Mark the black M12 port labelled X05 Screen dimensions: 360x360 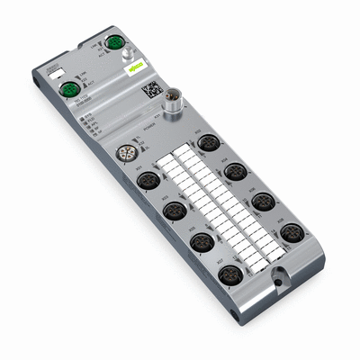pos(202,241)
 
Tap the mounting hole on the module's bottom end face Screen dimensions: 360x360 pos(234,316)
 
